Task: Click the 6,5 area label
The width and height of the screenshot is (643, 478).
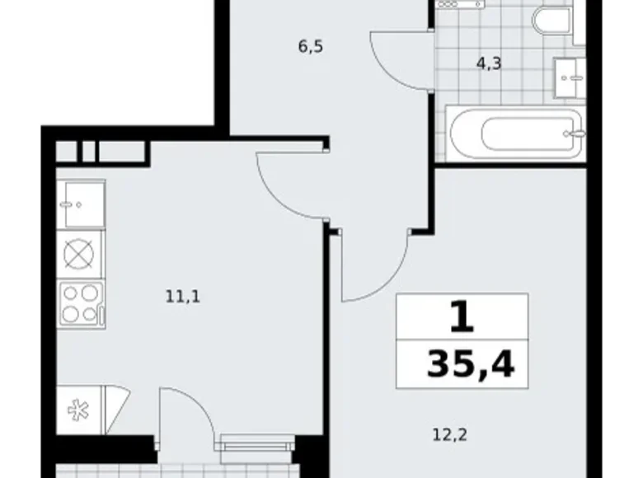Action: [310, 47]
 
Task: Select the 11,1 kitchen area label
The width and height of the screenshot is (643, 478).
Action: [183, 294]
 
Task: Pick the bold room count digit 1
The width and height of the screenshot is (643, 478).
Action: [462, 316]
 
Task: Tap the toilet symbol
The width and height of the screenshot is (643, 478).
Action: [550, 21]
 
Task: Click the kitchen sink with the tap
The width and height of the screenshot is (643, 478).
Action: [81, 203]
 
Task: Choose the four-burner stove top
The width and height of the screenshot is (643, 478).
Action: [81, 303]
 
